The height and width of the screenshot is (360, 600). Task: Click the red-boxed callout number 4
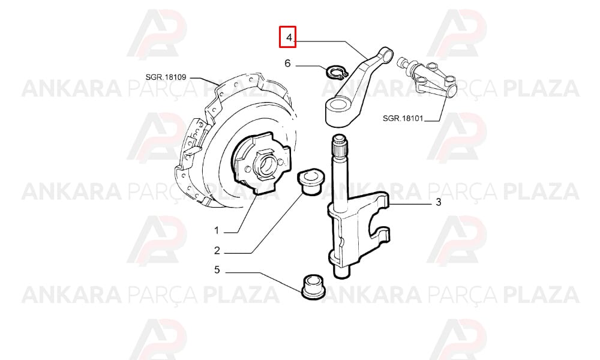289,37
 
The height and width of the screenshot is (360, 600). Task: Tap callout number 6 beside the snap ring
288,63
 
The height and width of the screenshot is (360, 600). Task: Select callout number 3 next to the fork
439,202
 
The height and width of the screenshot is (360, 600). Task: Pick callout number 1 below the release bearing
217,230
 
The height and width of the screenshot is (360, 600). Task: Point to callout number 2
217,251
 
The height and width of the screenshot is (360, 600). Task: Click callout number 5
217,270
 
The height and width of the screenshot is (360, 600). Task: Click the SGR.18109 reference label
166,77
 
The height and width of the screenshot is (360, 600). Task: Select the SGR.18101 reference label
403,118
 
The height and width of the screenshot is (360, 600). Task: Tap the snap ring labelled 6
337,71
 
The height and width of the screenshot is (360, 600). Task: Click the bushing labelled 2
310,183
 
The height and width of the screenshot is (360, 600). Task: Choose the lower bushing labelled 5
312,286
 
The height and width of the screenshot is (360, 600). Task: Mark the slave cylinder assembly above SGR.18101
427,77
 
